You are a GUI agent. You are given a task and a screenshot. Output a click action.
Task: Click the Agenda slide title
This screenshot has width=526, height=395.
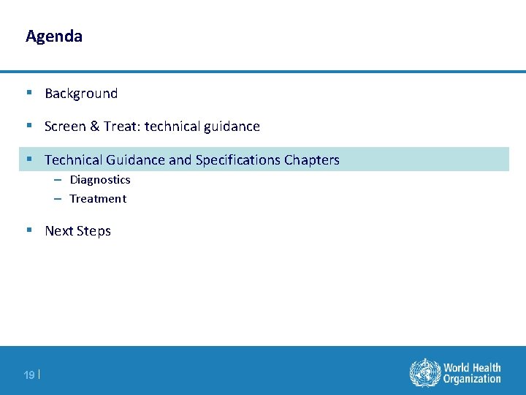click(x=53, y=36)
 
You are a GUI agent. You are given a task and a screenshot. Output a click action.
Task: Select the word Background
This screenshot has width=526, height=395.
click(x=81, y=94)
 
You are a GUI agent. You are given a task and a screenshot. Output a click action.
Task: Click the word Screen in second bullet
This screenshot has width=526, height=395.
click(x=65, y=127)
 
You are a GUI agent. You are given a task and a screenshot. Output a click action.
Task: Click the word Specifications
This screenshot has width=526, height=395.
click(x=237, y=160)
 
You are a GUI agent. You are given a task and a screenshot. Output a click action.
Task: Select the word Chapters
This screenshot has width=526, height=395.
click(x=312, y=160)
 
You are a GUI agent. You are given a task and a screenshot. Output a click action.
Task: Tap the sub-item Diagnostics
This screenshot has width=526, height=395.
click(x=100, y=180)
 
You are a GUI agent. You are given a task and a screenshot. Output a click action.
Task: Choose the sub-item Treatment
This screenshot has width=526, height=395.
click(x=98, y=199)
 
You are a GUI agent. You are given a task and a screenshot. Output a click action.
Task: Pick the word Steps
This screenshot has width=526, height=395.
click(x=94, y=231)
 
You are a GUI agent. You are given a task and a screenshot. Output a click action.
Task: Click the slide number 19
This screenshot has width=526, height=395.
click(x=29, y=375)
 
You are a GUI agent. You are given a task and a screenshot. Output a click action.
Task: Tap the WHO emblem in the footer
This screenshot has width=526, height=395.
click(x=424, y=372)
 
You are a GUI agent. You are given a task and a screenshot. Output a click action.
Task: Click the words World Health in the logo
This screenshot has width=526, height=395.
click(x=472, y=367)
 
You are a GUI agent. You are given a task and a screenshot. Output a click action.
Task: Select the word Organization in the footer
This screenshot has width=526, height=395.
click(x=472, y=379)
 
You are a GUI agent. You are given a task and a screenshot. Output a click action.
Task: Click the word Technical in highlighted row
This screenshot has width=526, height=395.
click(x=73, y=160)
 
